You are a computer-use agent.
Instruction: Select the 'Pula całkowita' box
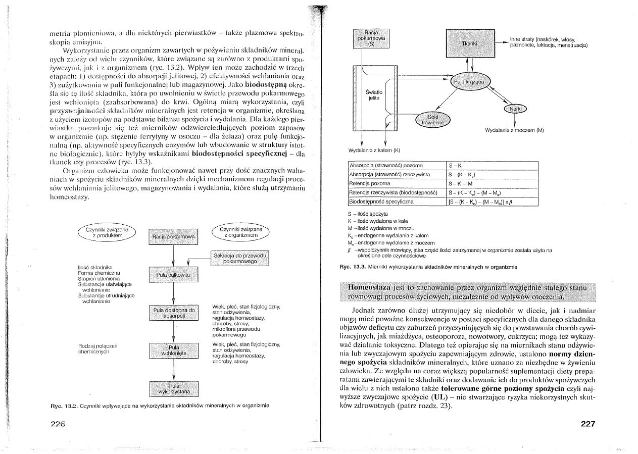(173, 275)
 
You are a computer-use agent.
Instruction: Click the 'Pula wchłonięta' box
(173, 351)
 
